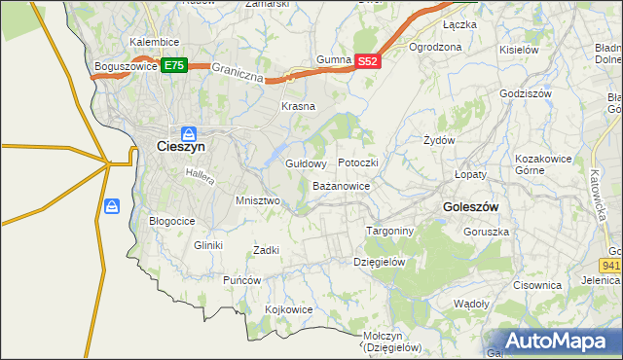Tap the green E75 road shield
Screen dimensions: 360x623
174,65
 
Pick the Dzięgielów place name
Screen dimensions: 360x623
379,262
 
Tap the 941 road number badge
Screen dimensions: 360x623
611,264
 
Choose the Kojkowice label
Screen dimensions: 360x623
289,309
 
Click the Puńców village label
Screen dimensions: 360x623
242,280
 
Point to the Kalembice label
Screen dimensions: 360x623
154,43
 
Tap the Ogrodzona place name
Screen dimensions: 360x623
435,46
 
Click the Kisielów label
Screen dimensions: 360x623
519,49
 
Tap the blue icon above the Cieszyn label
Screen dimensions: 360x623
188,132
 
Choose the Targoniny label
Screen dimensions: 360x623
390,232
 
